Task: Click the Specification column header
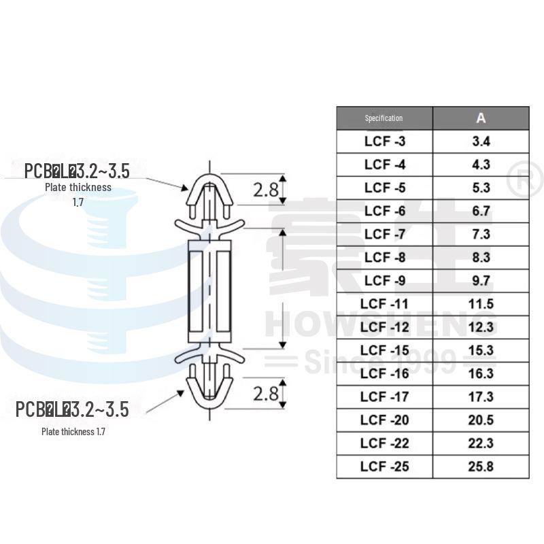384,118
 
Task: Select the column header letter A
481,118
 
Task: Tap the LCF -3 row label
385,141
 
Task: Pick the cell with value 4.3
480,165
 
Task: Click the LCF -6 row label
385,211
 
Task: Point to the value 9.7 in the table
480,281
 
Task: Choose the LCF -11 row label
385,304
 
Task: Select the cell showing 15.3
480,350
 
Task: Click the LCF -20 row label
385,420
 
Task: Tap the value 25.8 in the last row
480,466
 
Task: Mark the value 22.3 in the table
480,443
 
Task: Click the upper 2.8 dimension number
267,190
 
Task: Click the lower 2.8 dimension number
267,394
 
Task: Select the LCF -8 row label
385,258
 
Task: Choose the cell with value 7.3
480,235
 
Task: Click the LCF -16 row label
385,373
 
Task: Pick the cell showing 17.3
480,396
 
